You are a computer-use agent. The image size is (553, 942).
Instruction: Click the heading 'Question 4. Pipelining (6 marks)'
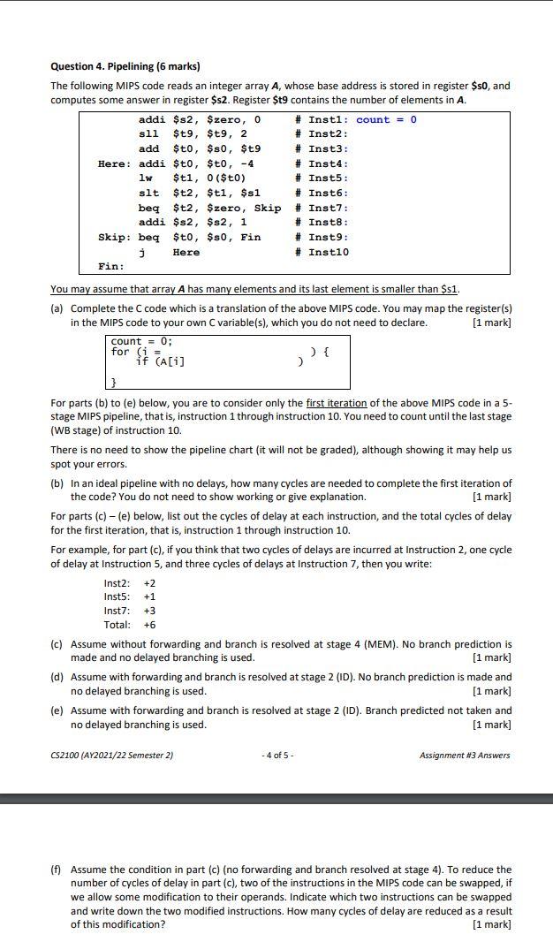click(x=125, y=66)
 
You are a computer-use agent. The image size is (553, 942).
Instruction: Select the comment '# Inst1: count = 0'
click(x=355, y=120)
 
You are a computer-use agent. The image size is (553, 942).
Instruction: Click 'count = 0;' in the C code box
click(x=141, y=341)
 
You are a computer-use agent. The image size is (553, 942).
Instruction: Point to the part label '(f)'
click(x=57, y=870)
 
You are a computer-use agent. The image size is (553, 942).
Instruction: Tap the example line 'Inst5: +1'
click(x=130, y=596)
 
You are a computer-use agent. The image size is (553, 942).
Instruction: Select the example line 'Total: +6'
click(x=130, y=625)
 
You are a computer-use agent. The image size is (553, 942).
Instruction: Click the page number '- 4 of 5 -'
click(x=278, y=756)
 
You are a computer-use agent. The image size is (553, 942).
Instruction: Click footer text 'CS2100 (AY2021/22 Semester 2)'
click(x=112, y=756)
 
